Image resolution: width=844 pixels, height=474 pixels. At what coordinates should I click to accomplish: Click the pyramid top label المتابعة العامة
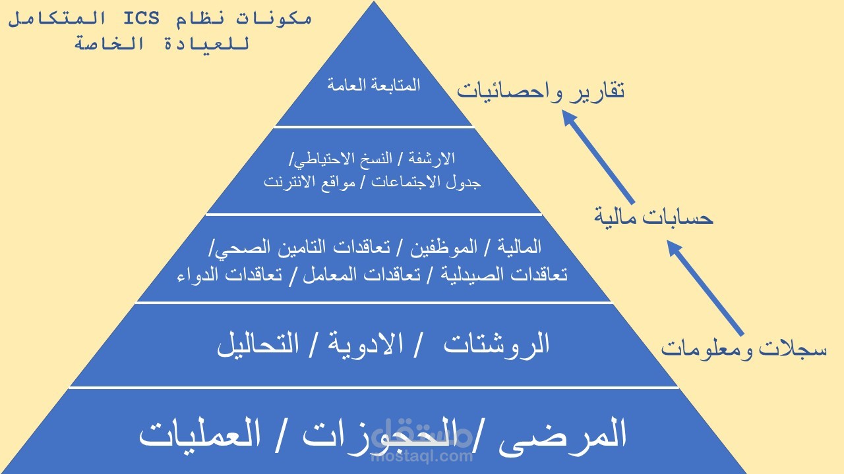[x=373, y=86]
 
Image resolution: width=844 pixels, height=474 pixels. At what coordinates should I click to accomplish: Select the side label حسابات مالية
[x=653, y=217]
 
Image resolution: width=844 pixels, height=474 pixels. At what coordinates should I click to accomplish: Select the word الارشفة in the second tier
[x=433, y=159]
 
